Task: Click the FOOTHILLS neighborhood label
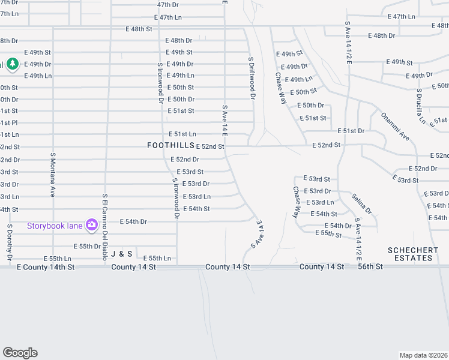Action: (x=171, y=146)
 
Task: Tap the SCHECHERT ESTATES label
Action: (x=410, y=254)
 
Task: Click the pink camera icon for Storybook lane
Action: (x=91, y=226)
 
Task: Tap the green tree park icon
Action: (x=12, y=64)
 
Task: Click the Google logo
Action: (x=20, y=353)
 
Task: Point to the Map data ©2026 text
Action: (x=423, y=355)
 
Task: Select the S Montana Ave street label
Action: (x=53, y=175)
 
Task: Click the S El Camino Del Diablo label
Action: (x=104, y=227)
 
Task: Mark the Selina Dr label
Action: (x=362, y=204)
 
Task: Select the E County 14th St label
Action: (x=46, y=266)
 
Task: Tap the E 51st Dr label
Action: (x=351, y=131)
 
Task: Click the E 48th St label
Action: (x=139, y=29)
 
